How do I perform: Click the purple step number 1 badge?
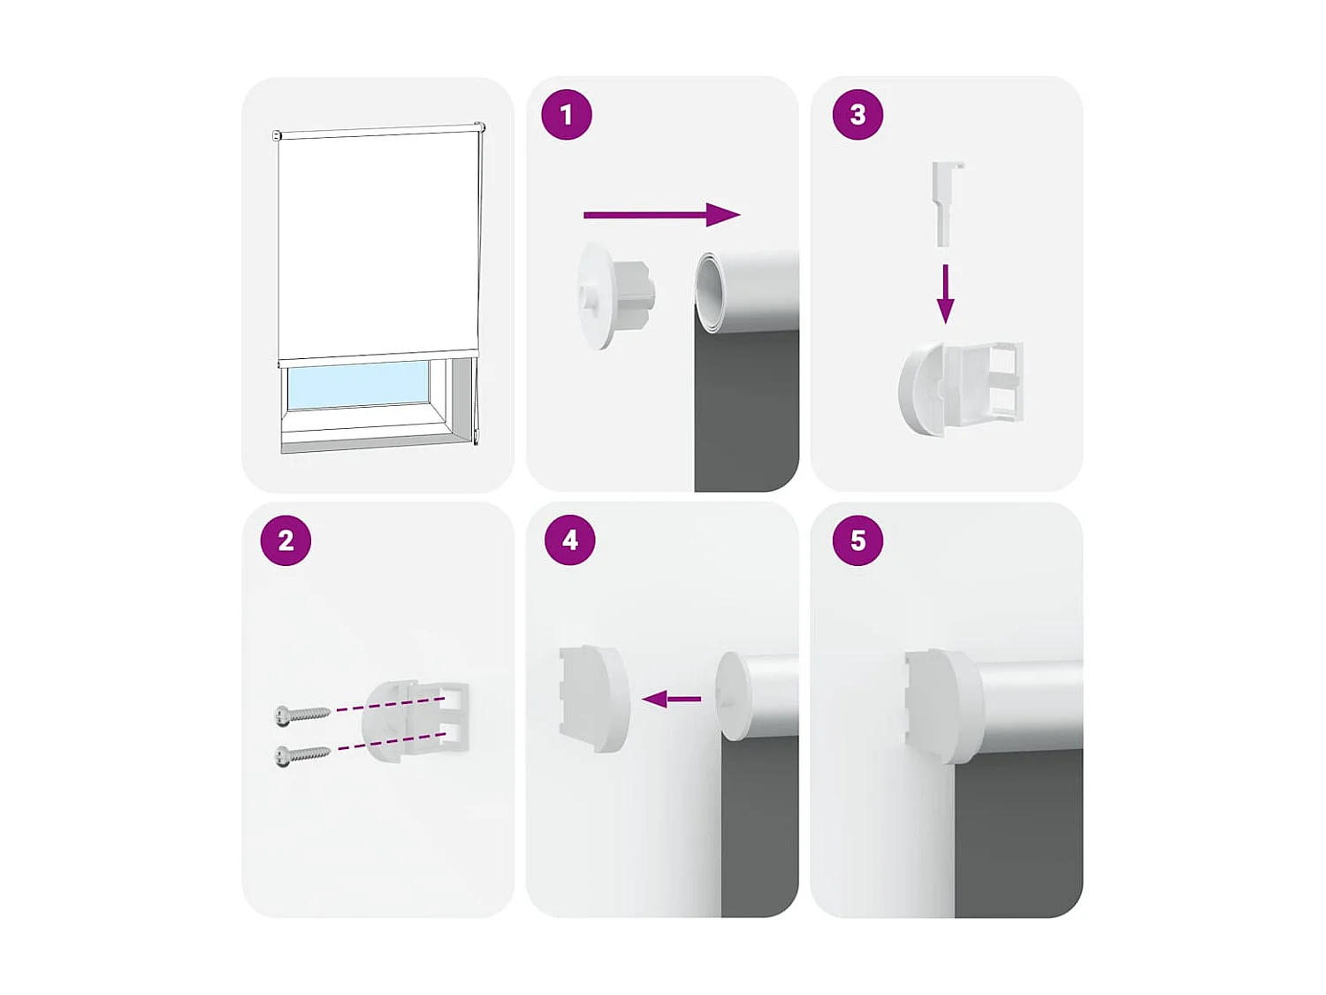coord(567,115)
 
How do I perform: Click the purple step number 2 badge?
coord(286,540)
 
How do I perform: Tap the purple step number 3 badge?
coord(857,115)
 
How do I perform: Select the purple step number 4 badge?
coord(570,540)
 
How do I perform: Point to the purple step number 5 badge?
coord(857,540)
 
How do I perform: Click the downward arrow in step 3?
coord(945,294)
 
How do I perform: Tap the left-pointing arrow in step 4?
coord(672,700)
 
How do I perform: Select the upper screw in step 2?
coord(301,713)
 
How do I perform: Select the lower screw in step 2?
coord(301,754)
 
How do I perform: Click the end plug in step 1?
coord(613,295)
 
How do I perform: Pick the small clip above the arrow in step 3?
coord(947,201)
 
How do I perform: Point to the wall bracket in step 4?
coord(592,698)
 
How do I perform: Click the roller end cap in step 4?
coord(733,696)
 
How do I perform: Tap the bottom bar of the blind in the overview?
coord(378,356)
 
